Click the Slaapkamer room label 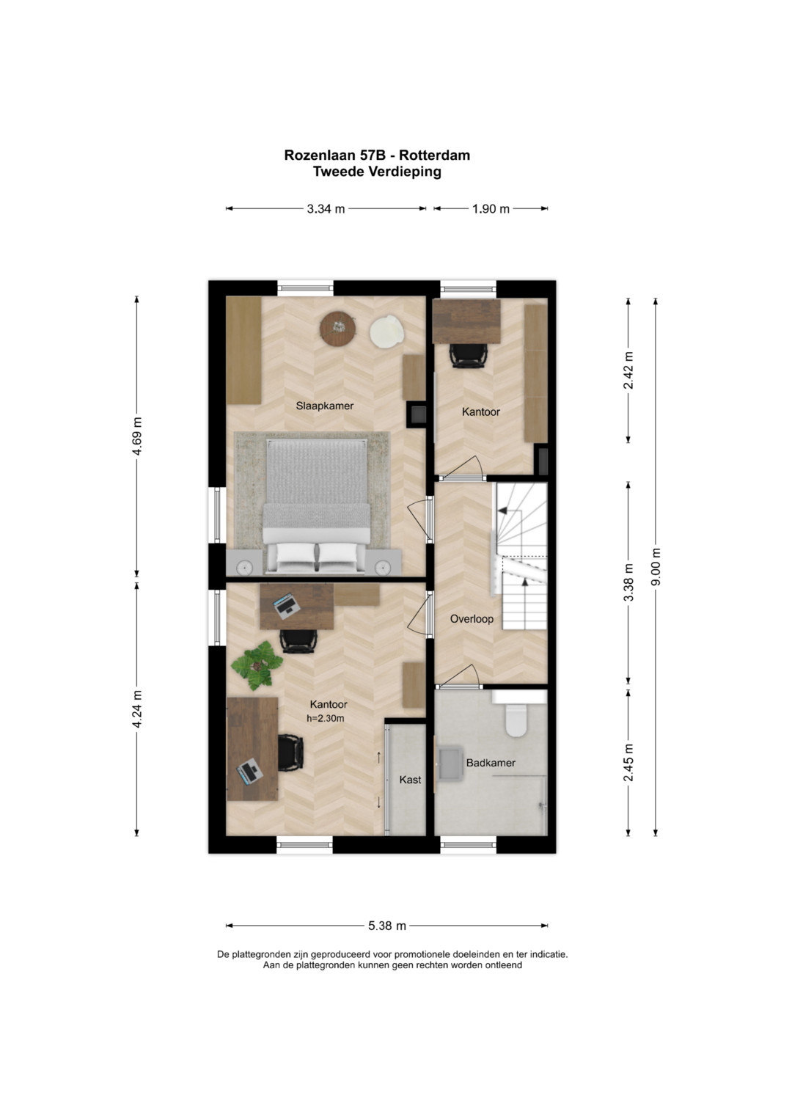tap(324, 406)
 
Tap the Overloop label tap(472, 619)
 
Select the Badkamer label tap(491, 763)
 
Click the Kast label tap(410, 780)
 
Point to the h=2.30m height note tap(326, 719)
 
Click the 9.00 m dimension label tap(656, 566)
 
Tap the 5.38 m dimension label tap(387, 926)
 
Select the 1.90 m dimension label tap(491, 209)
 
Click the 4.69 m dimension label tap(136, 436)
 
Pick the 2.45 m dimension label tap(628, 763)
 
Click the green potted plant tap(257, 665)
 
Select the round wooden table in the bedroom tap(338, 328)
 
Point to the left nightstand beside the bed tap(243, 563)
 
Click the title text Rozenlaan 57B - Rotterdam tap(377, 155)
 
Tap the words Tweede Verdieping tap(377, 172)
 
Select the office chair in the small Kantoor tap(467, 356)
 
